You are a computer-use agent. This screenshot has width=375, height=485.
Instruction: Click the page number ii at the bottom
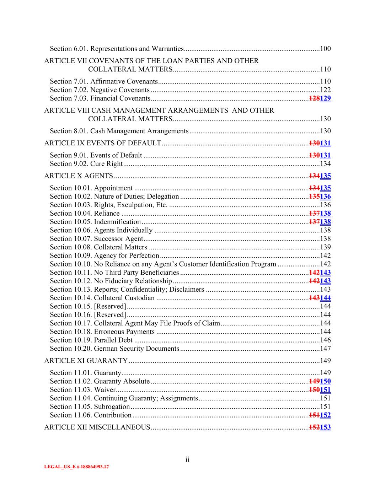187,460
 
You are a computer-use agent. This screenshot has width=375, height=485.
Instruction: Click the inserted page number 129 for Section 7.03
325,98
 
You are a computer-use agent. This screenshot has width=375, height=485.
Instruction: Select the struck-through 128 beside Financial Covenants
314,98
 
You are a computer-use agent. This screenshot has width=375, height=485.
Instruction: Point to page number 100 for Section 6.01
325,49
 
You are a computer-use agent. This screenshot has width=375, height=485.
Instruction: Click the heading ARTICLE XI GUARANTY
86,361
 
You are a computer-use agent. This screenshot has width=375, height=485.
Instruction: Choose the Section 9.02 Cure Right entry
86,164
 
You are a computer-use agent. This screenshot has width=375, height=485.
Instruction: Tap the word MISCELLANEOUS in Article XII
119,427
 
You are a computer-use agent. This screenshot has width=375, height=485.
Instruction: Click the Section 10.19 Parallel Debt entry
91,340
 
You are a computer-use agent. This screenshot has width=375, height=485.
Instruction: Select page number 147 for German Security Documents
325,349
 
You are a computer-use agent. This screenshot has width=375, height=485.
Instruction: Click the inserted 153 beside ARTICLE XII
325,427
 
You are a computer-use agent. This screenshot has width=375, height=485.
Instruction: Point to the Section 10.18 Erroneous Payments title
102,332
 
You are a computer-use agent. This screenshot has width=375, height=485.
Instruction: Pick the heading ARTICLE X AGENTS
79,176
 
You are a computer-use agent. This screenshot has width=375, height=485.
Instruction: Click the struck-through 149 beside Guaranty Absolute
314,381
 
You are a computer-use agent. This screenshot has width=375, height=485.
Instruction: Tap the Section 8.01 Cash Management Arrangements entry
119,131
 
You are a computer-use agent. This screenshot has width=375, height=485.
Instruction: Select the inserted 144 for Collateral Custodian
325,298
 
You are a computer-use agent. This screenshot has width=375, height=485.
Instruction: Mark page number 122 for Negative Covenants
325,90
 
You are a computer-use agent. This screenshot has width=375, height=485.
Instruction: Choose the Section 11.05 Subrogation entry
90,406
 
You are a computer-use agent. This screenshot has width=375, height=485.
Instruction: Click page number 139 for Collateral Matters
325,247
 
